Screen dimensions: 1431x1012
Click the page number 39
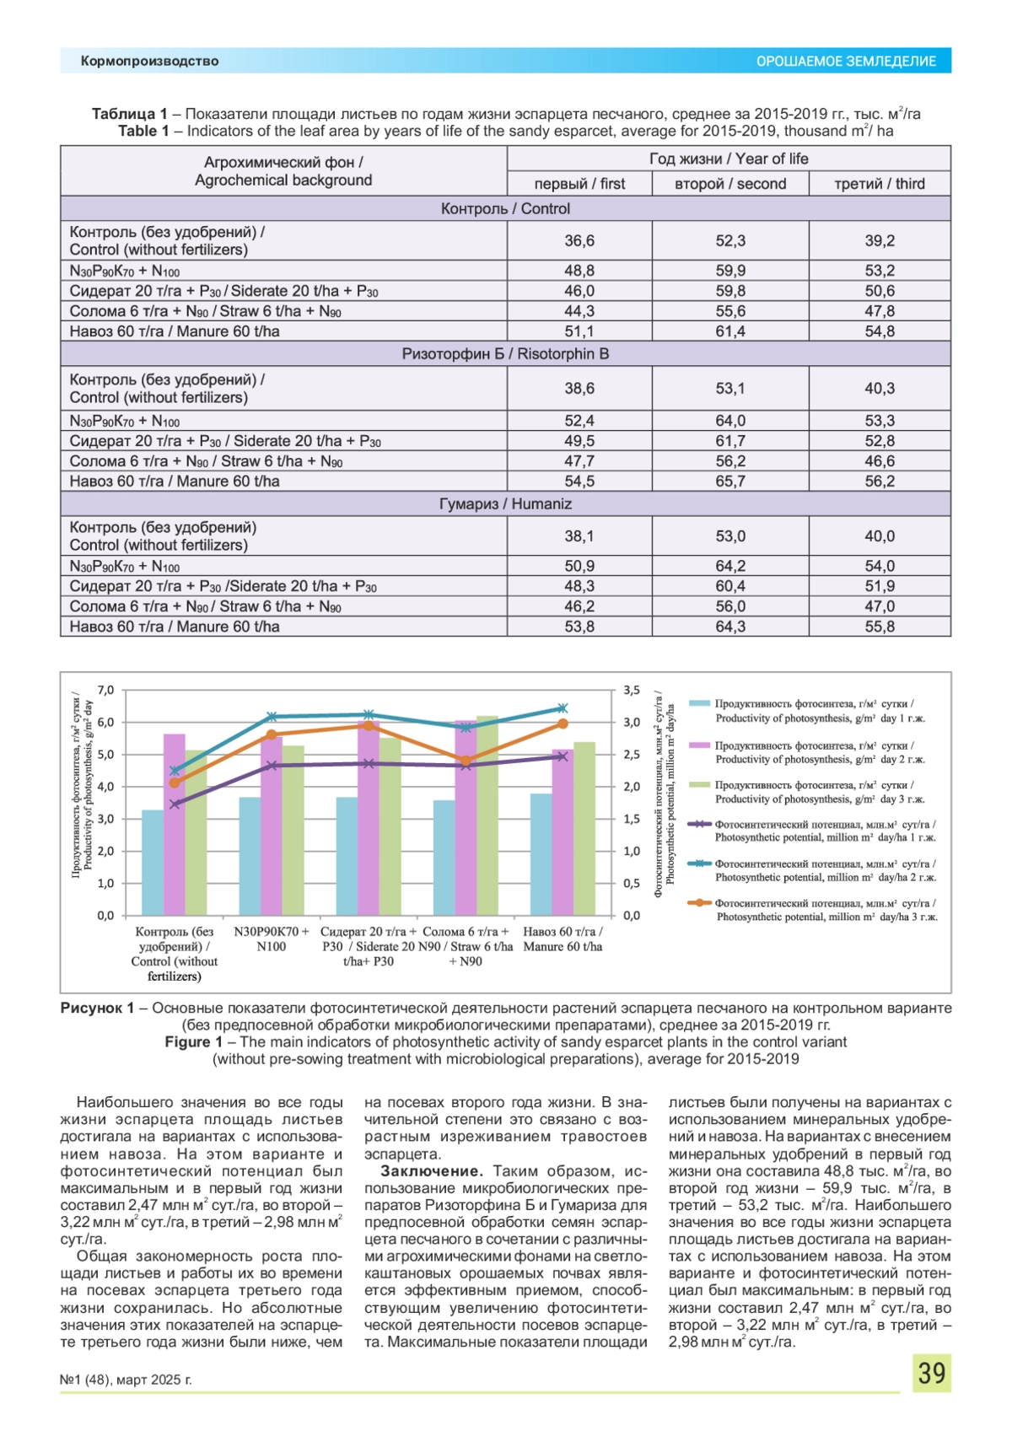click(x=931, y=1374)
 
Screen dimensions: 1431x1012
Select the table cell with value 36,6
click(x=579, y=240)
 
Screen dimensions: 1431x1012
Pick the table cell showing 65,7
click(x=730, y=481)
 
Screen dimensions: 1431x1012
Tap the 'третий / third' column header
click(x=880, y=184)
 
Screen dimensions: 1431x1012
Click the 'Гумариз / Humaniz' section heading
click(x=505, y=504)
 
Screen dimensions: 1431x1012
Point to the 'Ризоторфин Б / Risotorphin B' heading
click(x=505, y=354)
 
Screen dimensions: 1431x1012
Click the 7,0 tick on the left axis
click(x=105, y=690)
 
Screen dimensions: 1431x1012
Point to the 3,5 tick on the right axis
click(x=632, y=690)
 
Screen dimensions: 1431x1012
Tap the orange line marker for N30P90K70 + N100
click(x=272, y=735)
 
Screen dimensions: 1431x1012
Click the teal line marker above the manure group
click(x=563, y=708)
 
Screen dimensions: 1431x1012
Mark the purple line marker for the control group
click(x=175, y=804)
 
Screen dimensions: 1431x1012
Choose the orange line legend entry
click(x=700, y=903)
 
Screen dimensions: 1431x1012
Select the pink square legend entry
click(x=700, y=745)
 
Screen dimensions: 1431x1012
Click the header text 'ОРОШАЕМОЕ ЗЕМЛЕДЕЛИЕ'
click(x=846, y=62)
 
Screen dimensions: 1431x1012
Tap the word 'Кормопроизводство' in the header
click(x=149, y=62)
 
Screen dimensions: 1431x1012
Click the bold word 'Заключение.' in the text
click(x=431, y=1171)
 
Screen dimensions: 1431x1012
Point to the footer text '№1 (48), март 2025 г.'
click(x=126, y=1380)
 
